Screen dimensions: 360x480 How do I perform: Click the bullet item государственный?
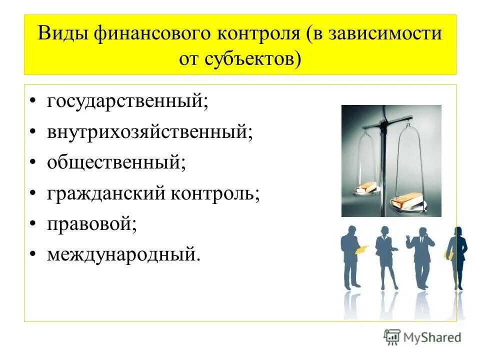click(127, 101)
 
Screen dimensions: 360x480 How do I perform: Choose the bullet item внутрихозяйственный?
click(149, 132)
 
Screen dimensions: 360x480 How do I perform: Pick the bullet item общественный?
click(116, 162)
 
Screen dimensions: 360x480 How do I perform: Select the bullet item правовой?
click(92, 223)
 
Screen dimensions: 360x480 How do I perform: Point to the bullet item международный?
click(123, 254)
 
